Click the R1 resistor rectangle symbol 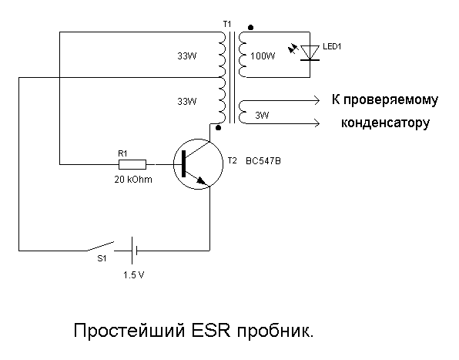click(x=132, y=165)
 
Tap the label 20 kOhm click(x=133, y=180)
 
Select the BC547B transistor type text click(x=263, y=161)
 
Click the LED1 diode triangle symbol click(x=310, y=53)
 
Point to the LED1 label click(x=332, y=46)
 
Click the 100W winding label click(x=263, y=56)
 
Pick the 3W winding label click(x=262, y=116)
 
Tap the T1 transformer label click(x=227, y=24)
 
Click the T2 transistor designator click(x=232, y=161)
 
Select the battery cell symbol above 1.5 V click(x=134, y=251)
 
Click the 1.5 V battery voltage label click(x=133, y=275)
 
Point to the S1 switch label click(x=102, y=259)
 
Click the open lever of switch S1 click(x=100, y=247)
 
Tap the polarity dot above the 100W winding click(x=250, y=28)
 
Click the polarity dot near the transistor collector click(x=218, y=128)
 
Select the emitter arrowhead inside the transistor click(x=202, y=180)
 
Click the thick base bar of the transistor click(x=184, y=163)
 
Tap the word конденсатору click(x=385, y=123)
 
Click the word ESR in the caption click(x=210, y=331)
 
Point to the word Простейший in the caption click(x=129, y=331)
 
